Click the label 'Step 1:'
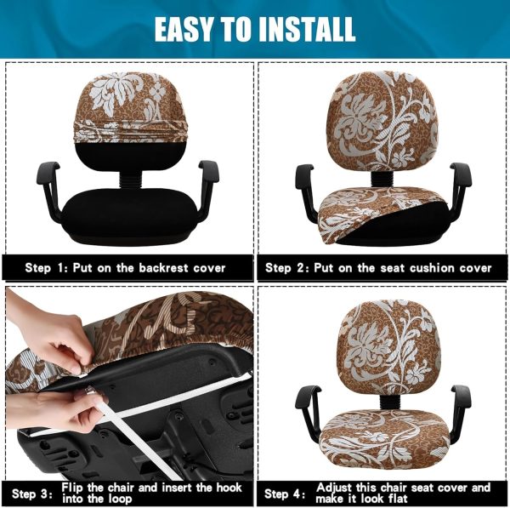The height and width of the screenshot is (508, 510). click(47, 268)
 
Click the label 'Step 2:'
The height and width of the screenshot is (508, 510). click(287, 268)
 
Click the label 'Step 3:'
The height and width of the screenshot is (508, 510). click(32, 494)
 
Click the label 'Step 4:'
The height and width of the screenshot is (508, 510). click(285, 494)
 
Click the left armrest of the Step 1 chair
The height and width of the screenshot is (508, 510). click(49, 189)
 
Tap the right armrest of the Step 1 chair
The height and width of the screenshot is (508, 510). click(207, 189)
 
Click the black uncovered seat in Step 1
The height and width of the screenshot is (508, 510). click(129, 216)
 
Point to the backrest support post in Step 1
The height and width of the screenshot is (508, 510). click(131, 180)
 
